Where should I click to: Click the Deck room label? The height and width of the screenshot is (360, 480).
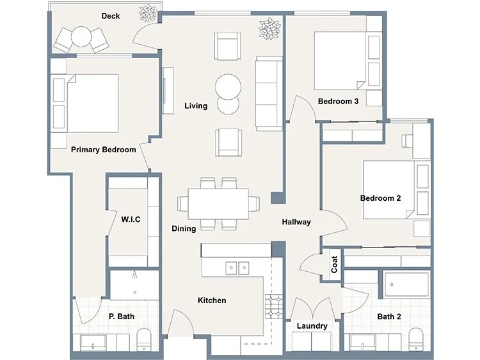click(111, 16)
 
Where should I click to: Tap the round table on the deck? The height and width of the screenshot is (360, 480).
click(81, 36)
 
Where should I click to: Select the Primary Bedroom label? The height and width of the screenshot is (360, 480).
click(104, 150)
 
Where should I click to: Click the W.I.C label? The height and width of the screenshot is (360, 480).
click(131, 219)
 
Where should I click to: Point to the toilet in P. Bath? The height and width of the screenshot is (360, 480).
click(143, 339)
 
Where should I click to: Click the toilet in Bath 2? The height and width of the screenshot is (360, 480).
click(415, 339)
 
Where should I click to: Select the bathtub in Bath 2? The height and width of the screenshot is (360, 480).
click(407, 285)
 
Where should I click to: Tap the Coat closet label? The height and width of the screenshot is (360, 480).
click(334, 265)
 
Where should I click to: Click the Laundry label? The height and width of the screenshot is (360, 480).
click(312, 326)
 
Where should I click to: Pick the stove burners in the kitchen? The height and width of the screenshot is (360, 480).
click(274, 306)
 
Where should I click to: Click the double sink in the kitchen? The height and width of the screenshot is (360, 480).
click(237, 268)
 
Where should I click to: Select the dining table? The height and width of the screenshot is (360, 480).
click(218, 204)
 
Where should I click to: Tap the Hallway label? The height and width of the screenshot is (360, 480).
click(296, 222)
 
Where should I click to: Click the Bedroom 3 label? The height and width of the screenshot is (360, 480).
click(338, 101)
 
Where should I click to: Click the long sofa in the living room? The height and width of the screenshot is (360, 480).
click(269, 94)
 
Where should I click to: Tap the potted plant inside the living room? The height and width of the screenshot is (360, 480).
click(269, 28)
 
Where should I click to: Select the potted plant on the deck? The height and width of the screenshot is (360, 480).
click(148, 13)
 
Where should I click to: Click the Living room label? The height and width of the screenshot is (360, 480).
click(196, 106)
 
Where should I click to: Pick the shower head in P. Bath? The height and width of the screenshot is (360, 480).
click(134, 275)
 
